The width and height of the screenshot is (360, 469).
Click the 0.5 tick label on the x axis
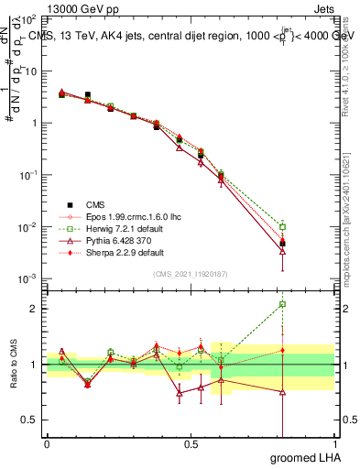tap(191, 443)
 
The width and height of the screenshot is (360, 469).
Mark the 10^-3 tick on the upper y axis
tap(27, 278)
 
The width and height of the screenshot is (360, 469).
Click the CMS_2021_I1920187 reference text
tap(190, 274)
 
